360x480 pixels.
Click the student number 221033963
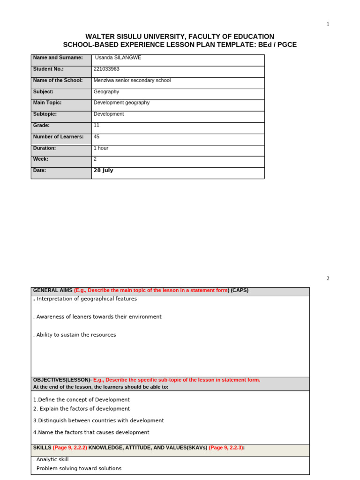click(106, 69)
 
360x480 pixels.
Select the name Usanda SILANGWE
click(118, 58)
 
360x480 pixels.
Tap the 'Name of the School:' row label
click(58, 80)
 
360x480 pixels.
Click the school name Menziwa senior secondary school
click(132, 80)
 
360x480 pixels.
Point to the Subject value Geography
click(106, 92)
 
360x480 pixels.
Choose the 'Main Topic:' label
click(47, 103)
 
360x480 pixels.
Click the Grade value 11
click(97, 126)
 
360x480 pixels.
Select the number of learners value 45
click(97, 137)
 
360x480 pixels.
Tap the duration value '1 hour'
click(101, 148)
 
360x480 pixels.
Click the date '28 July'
click(104, 171)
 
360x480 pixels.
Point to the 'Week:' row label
click(41, 159)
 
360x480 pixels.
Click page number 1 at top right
click(328, 24)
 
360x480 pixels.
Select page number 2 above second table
click(328, 278)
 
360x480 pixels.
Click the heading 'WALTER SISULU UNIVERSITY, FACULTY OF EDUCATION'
click(180, 37)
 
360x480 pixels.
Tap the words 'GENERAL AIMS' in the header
click(52, 290)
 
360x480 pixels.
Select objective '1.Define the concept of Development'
click(82, 400)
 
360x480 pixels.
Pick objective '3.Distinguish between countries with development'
click(98, 421)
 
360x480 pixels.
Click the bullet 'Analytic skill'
click(52, 460)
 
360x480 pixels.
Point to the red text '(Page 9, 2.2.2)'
click(70, 448)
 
